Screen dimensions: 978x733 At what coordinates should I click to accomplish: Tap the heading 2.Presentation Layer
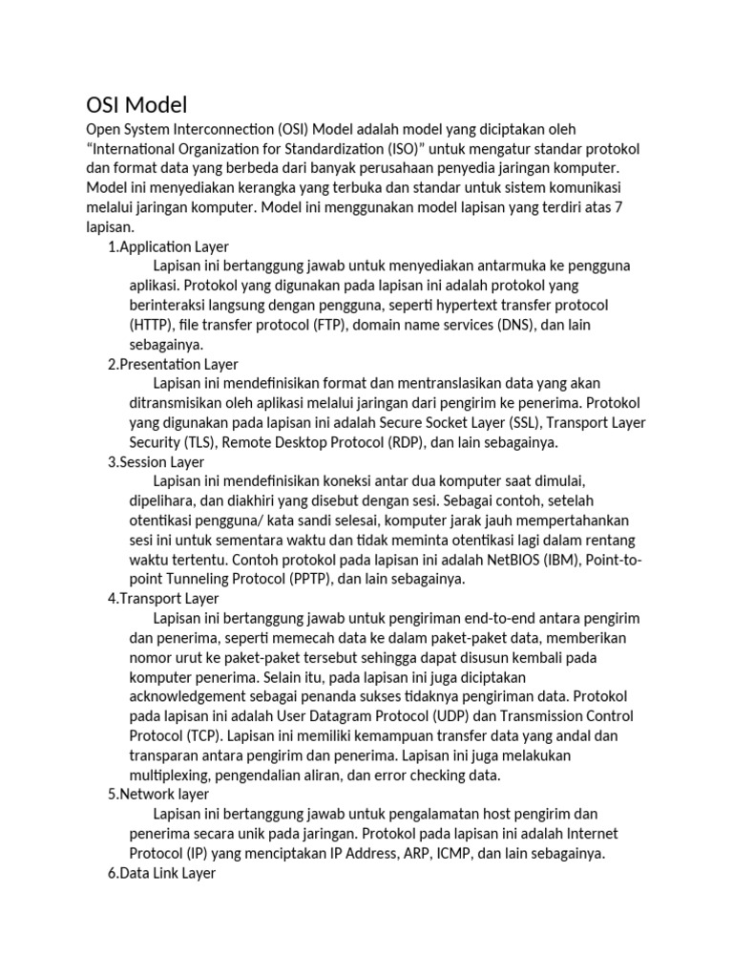click(x=173, y=364)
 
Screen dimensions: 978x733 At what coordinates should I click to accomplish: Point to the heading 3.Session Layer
click(x=157, y=462)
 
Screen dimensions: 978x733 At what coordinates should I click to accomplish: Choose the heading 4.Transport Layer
click(x=163, y=599)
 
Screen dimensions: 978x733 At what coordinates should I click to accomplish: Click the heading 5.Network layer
click(x=158, y=794)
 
